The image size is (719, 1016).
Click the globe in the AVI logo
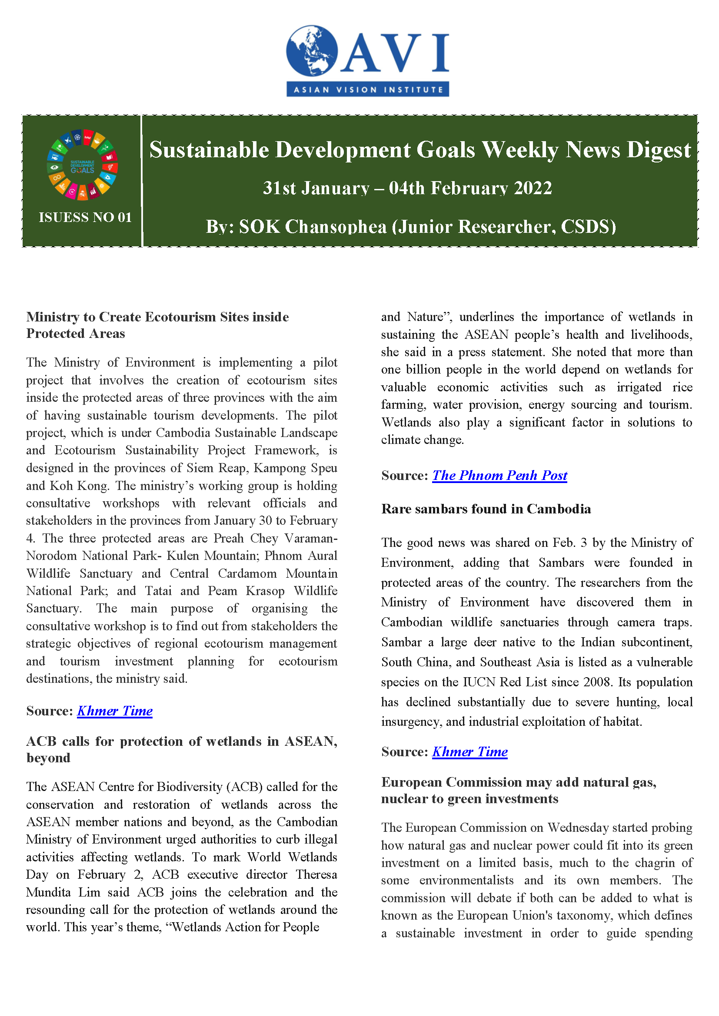[312, 51]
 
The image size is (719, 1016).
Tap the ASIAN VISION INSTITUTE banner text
[368, 90]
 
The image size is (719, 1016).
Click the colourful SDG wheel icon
[82, 164]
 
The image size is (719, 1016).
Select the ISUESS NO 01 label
[85, 217]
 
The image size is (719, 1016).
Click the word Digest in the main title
[658, 150]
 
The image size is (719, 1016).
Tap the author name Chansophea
[336, 227]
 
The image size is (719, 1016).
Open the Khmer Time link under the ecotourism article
[115, 711]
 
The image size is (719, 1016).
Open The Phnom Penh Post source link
[499, 475]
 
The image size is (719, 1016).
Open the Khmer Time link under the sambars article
[470, 751]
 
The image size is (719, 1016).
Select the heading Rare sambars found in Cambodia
[486, 509]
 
